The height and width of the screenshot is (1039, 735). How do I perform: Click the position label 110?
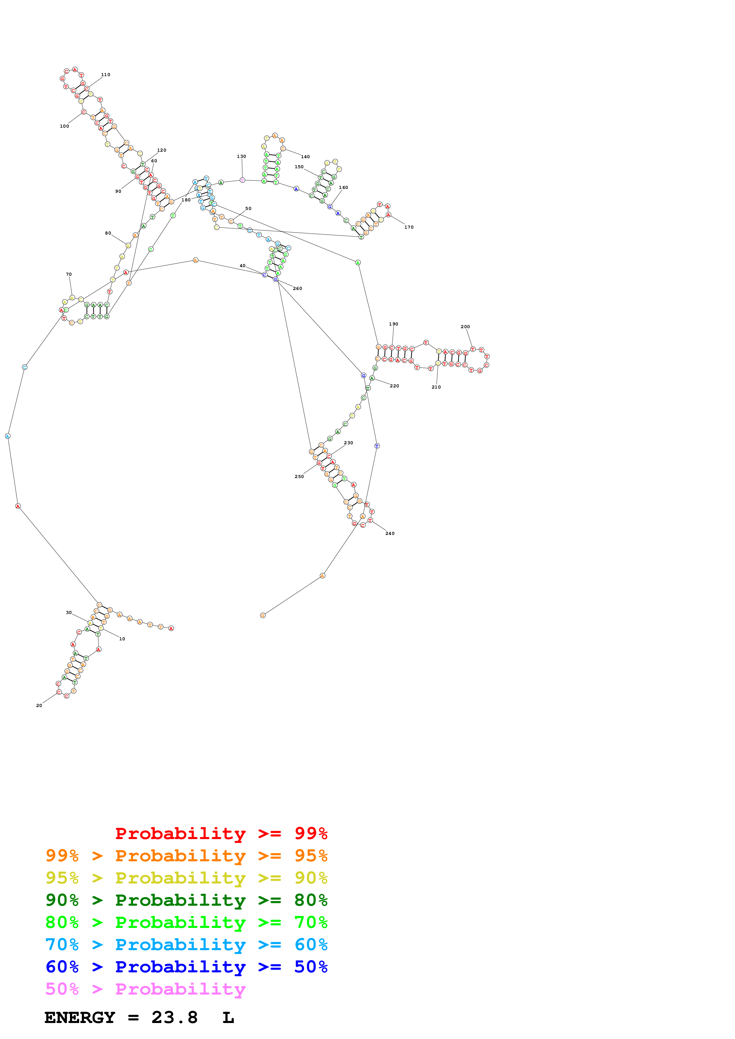[106, 75]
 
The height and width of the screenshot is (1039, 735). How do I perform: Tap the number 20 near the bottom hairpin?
[39, 706]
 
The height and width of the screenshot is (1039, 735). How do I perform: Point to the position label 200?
[465, 327]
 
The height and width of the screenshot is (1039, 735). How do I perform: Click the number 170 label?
[409, 227]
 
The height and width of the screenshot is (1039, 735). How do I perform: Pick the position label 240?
[390, 533]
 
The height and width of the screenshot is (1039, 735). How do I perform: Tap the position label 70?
[69, 274]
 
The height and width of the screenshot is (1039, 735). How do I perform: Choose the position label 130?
[241, 157]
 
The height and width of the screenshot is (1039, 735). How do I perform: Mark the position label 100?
[64, 126]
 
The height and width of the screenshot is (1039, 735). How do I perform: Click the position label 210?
[436, 387]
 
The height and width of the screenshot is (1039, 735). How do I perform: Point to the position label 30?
[69, 613]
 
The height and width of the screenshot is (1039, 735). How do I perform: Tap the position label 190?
[393, 324]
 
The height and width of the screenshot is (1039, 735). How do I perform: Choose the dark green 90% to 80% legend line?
[186, 900]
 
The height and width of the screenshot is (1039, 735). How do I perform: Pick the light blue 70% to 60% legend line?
[186, 945]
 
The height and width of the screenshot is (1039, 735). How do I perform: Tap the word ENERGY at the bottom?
[80, 1018]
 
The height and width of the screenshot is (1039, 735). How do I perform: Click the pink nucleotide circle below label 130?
[242, 180]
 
